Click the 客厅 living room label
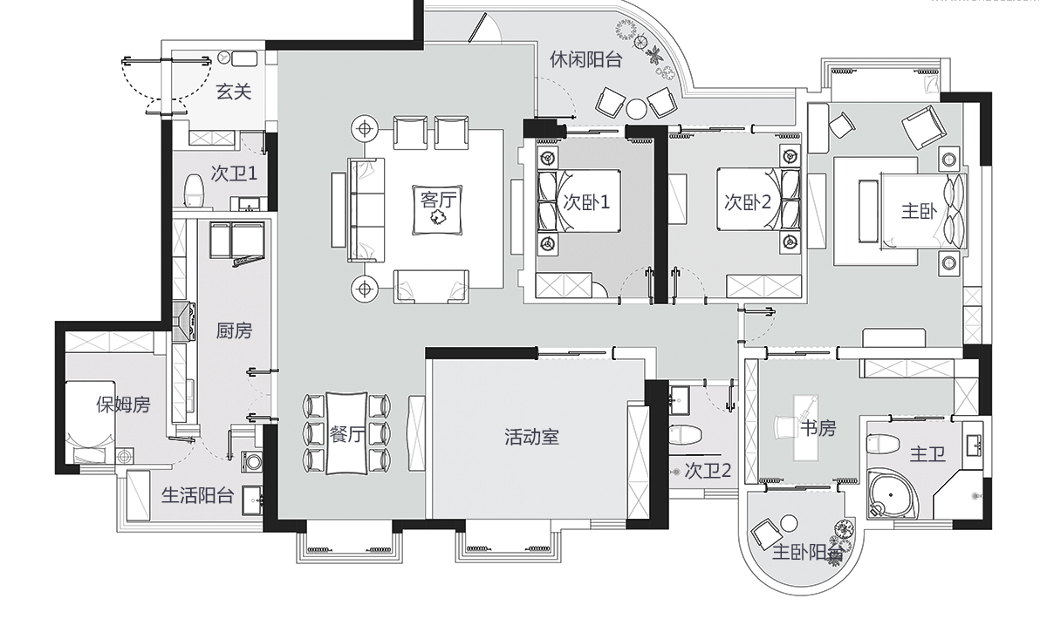coord(439,200)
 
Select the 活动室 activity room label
coord(531,437)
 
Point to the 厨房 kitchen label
coord(234,330)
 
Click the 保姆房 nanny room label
coord(123,405)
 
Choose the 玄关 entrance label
coord(234,91)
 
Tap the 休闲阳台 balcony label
coord(585,59)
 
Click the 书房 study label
coord(818,428)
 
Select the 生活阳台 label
coord(198,496)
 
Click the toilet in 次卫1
coord(194,191)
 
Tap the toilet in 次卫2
coord(686,433)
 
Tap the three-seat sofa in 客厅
coord(366,209)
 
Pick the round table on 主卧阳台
coord(789,523)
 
